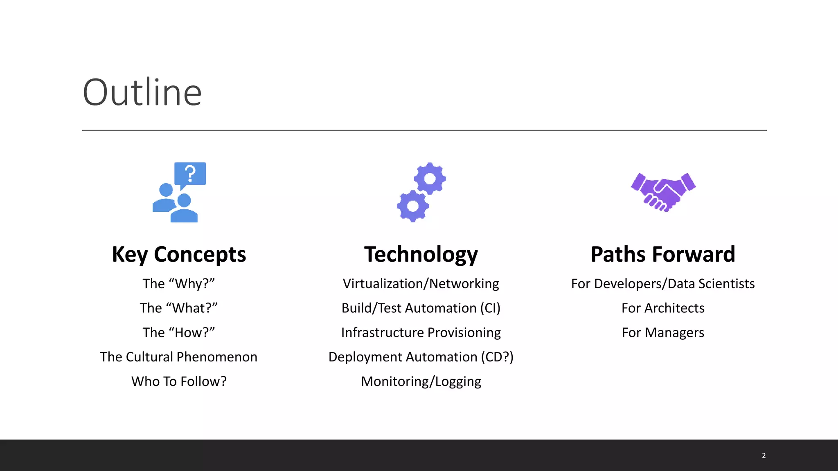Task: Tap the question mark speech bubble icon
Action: (x=190, y=174)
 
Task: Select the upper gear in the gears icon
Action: (x=430, y=179)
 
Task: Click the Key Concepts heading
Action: (x=179, y=254)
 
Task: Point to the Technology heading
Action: (x=421, y=254)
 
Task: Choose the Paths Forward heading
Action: (x=663, y=254)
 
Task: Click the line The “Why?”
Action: (x=179, y=284)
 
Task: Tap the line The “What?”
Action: (x=179, y=308)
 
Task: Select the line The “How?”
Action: (x=179, y=332)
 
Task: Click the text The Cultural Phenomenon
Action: (x=179, y=357)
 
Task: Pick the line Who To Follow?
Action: (x=179, y=381)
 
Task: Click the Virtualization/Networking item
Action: (x=421, y=284)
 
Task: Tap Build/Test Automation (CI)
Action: (x=421, y=308)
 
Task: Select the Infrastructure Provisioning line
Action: (x=421, y=332)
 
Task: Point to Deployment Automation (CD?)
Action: (x=421, y=357)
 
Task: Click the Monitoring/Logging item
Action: (x=421, y=381)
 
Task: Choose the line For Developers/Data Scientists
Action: (x=663, y=284)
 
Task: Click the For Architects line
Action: (x=663, y=308)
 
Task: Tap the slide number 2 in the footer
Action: (x=764, y=455)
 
